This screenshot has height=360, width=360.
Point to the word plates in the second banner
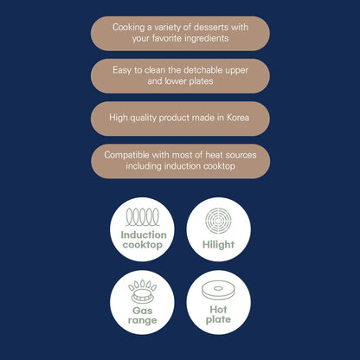tap(201, 81)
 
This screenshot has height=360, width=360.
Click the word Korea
tap(238, 118)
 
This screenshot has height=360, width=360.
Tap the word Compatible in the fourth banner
tap(126, 155)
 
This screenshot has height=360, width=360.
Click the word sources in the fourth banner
tap(241, 155)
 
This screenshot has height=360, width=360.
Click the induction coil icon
tap(143, 217)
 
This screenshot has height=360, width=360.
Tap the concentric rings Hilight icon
tap(218, 221)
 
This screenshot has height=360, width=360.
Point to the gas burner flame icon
tap(143, 291)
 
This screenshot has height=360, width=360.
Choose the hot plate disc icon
tap(218, 290)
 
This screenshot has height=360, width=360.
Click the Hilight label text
tap(218, 245)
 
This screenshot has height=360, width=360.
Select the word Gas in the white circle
tap(142, 311)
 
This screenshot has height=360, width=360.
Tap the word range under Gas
tap(142, 320)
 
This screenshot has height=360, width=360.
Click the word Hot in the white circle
tap(218, 310)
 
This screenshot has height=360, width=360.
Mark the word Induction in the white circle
tap(144, 235)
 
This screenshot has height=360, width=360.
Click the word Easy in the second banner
tap(122, 70)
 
